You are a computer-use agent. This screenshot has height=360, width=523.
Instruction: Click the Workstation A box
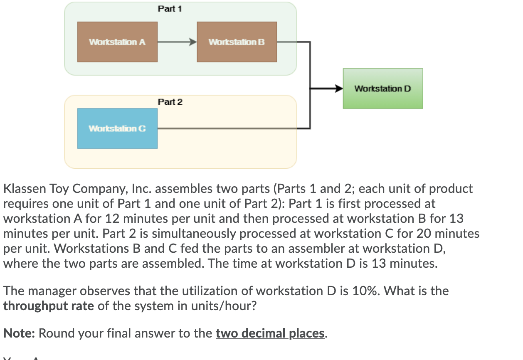tap(117, 42)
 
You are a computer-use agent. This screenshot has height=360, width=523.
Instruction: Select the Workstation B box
tap(237, 42)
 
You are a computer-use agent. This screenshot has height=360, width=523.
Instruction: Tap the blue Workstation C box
tap(117, 128)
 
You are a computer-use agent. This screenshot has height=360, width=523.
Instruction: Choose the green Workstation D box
tap(382, 89)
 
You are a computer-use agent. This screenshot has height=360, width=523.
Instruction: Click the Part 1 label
tap(170, 9)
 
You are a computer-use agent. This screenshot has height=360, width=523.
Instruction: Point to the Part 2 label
tap(170, 102)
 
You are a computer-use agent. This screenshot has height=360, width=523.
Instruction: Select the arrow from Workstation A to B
tap(177, 42)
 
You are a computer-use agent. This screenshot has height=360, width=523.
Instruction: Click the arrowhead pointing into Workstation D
tap(338, 89)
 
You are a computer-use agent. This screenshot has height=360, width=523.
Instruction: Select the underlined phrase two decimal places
tap(270, 333)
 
